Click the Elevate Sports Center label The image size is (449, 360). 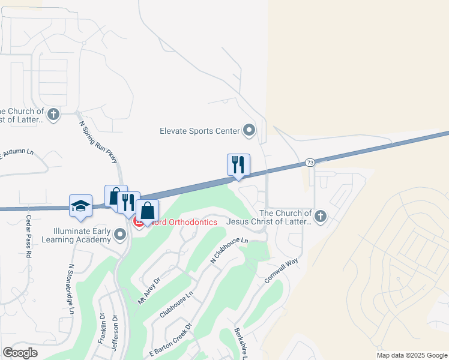[x=199, y=131]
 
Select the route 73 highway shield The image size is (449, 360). [x=310, y=162]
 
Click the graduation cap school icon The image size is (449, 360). [x=80, y=206]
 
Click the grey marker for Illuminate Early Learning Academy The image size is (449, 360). [x=120, y=234]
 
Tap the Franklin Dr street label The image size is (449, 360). [x=101, y=329]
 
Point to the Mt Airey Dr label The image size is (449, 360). [x=149, y=291]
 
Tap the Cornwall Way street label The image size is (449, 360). [x=282, y=271]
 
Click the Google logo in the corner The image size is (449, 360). [x=20, y=353]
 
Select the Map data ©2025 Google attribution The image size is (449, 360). [x=412, y=355]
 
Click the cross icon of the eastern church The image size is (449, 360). [x=320, y=216]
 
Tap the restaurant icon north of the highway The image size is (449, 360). [x=238, y=164]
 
